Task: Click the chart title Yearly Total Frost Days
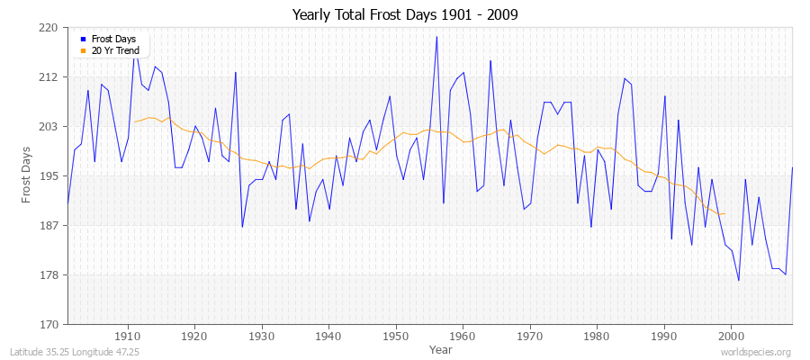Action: click(x=405, y=15)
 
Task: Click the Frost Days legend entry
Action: click(x=112, y=40)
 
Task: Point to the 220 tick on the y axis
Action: click(x=49, y=28)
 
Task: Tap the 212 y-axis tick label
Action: click(x=49, y=77)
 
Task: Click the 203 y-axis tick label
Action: click(x=49, y=127)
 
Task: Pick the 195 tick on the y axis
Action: click(x=49, y=176)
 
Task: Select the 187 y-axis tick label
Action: click(x=49, y=226)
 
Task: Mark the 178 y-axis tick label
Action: click(x=49, y=275)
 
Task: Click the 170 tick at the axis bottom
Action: click(x=49, y=324)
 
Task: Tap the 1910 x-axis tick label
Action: click(x=127, y=336)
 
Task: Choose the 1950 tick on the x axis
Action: click(x=395, y=336)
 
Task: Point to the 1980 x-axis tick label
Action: click(x=597, y=336)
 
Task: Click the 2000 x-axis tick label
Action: click(x=731, y=336)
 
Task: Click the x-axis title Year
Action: click(x=441, y=348)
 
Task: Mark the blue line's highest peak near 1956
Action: click(x=436, y=37)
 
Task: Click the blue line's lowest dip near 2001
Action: click(x=739, y=281)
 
